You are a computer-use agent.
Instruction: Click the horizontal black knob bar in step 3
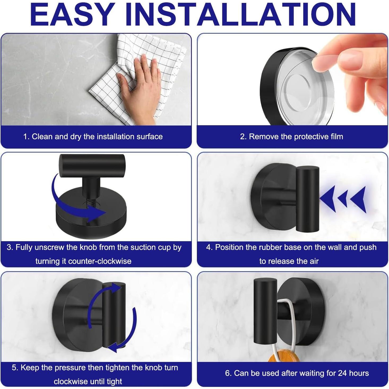pyautogui.click(x=92, y=166)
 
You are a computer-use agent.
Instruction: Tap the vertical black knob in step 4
pyautogui.click(x=308, y=199)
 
